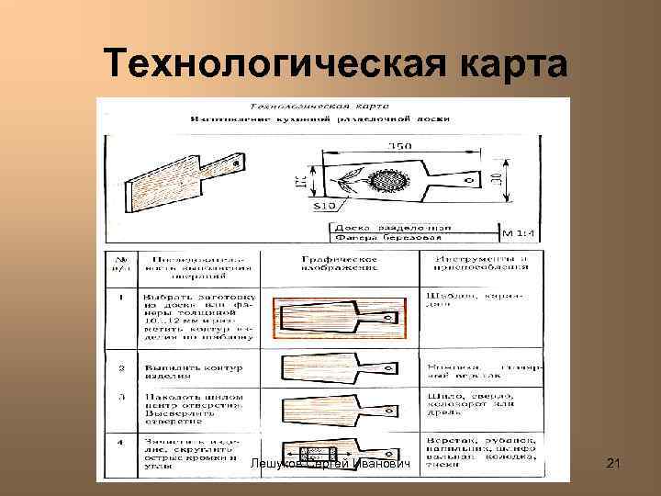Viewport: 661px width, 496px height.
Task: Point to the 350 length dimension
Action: [400, 145]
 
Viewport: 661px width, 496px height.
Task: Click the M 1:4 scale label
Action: [519, 232]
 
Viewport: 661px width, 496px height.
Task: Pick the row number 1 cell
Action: [120, 297]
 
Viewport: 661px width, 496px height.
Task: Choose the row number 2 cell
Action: [120, 368]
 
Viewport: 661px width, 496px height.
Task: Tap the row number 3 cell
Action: [120, 397]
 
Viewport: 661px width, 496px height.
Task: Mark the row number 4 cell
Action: [120, 442]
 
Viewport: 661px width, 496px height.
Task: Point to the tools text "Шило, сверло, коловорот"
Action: [477, 405]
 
